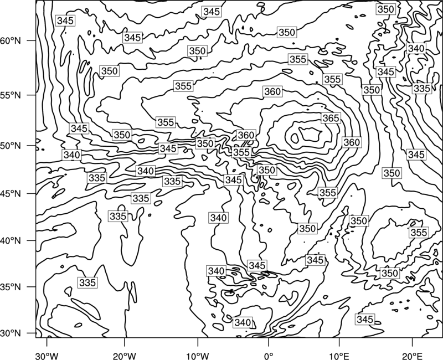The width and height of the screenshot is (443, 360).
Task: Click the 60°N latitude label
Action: pyautogui.click(x=11, y=40)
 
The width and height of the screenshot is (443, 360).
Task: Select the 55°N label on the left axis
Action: pyautogui.click(x=11, y=95)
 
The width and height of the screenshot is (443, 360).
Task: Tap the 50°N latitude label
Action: pyautogui.click(x=11, y=146)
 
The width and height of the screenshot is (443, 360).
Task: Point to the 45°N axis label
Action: pyautogui.click(x=11, y=193)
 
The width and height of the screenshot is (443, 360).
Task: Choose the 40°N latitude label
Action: pyautogui.click(x=11, y=241)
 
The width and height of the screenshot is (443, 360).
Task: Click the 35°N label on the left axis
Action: pyautogui.click(x=11, y=287)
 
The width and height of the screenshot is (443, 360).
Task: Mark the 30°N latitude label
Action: pyautogui.click(x=11, y=333)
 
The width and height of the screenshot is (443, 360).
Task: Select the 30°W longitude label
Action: pyautogui.click(x=47, y=356)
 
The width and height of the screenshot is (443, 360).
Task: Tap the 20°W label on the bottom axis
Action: pyautogui.click(x=124, y=356)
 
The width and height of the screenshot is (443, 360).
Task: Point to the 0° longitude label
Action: pyautogui.click(x=268, y=356)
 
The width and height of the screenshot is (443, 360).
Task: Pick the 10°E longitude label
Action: pyautogui.click(x=339, y=356)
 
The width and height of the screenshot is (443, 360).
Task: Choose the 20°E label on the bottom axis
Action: pyautogui.click(x=412, y=356)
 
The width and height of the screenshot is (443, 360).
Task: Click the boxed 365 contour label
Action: pyautogui.click(x=331, y=118)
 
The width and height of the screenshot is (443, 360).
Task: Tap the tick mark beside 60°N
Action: pyautogui.click(x=32, y=40)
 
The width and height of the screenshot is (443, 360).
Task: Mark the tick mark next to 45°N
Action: pyautogui.click(x=32, y=193)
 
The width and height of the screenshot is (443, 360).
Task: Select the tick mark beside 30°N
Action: pyautogui.click(x=32, y=333)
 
